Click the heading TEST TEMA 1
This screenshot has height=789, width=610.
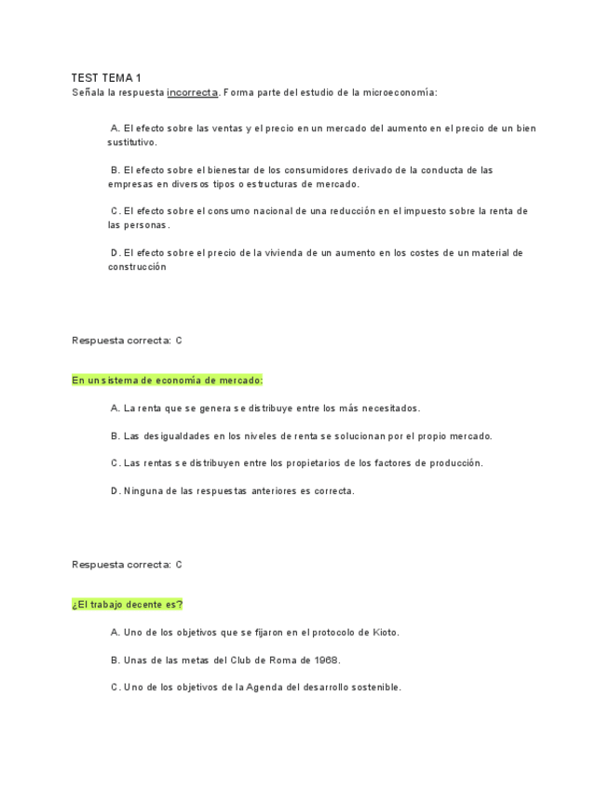pyautogui.click(x=106, y=78)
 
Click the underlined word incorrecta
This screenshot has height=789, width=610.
pyautogui.click(x=192, y=92)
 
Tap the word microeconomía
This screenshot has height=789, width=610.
pyautogui.click(x=398, y=92)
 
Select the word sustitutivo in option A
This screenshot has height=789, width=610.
pyautogui.click(x=132, y=142)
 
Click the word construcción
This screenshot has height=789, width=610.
pyautogui.click(x=137, y=266)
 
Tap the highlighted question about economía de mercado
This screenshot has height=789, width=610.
pyautogui.click(x=168, y=381)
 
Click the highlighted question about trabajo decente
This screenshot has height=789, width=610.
pyautogui.click(x=128, y=605)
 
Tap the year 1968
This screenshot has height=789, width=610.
pyautogui.click(x=325, y=660)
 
